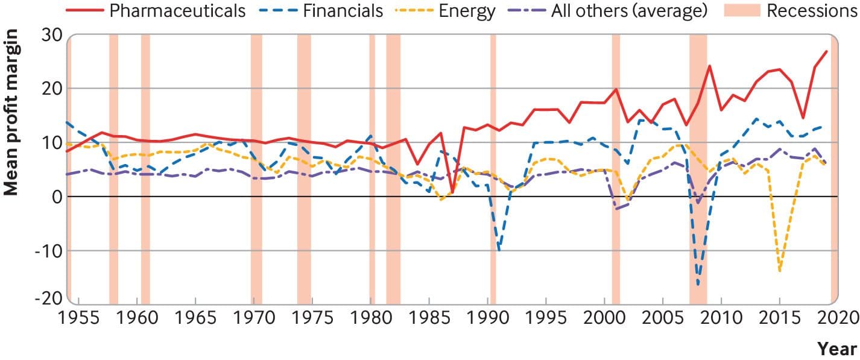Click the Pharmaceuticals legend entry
point(178,11)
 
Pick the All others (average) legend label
point(628,11)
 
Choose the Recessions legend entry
point(811,11)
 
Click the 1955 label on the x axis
point(78,318)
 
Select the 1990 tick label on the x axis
point(487,318)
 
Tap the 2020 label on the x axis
point(837,318)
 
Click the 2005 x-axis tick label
point(662,318)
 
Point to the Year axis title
point(836,349)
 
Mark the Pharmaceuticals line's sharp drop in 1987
point(452,192)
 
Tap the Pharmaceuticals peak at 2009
point(710,66)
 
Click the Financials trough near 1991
point(499,248)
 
